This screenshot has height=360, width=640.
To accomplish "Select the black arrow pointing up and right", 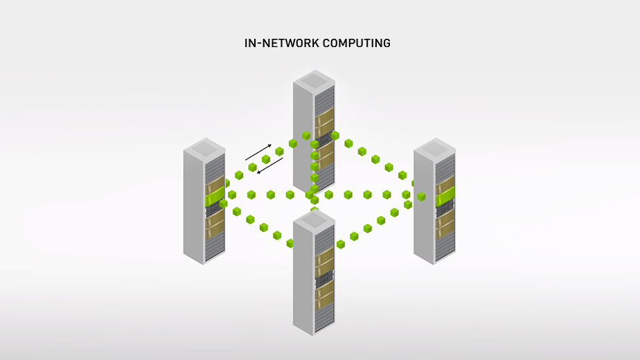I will [258, 152].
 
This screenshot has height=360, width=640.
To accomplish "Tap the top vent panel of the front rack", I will [314, 220].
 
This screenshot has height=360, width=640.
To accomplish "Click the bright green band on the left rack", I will [215, 197].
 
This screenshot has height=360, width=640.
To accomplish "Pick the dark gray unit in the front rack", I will [323, 281].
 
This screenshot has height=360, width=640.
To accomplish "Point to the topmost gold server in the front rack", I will [324, 261].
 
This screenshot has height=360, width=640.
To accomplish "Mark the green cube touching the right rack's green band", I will [421, 197].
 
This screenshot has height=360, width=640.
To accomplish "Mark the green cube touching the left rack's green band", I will [224, 203].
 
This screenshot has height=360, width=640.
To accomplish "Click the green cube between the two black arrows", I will [265, 159].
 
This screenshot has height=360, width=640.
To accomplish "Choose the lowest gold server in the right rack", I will [445, 223].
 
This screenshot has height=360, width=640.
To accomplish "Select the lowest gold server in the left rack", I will [215, 223].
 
